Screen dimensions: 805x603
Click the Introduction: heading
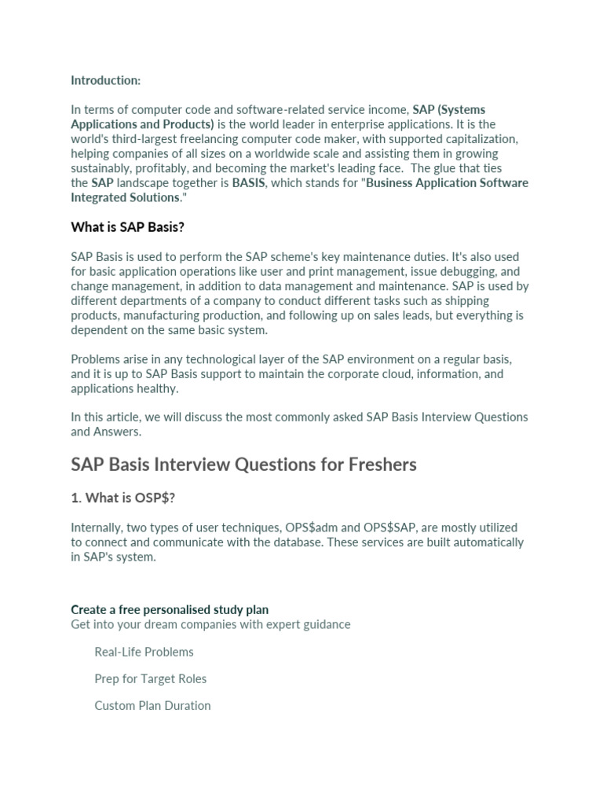pos(106,80)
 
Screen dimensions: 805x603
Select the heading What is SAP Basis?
pos(127,227)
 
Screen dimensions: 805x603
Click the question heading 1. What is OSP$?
pos(123,498)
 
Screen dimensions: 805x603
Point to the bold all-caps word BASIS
pos(248,183)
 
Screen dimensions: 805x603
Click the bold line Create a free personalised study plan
pos(170,609)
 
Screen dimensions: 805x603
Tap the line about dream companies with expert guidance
pos(210,624)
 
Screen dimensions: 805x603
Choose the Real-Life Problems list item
pos(144,652)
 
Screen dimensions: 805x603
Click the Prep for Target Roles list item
pos(151,678)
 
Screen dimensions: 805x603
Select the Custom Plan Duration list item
pos(152,705)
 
